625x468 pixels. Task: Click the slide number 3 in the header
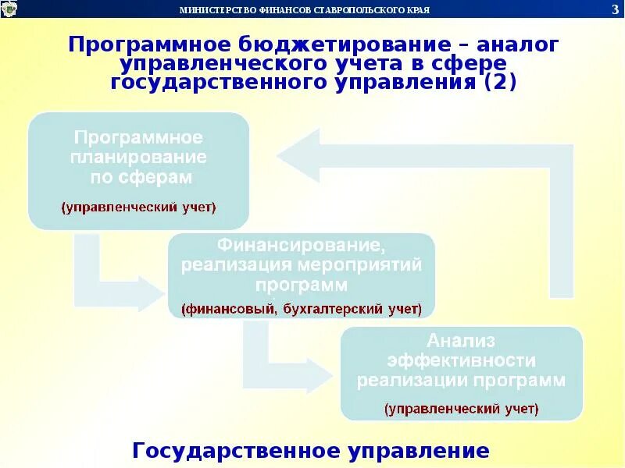tap(615, 9)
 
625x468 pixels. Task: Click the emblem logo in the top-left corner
tap(11, 9)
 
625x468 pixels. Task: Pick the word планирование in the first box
tap(139, 157)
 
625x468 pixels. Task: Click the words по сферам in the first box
tap(139, 177)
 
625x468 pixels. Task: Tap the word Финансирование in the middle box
tap(302, 246)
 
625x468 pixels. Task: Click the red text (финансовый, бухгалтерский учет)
tap(302, 309)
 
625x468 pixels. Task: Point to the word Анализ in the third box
tap(461, 341)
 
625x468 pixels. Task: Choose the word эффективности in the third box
tap(461, 361)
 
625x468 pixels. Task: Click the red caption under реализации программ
tap(461, 408)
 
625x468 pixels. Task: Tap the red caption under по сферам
tap(139, 207)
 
